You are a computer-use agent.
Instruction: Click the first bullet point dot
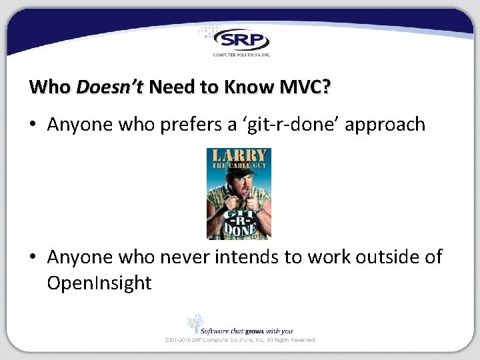pos(34,125)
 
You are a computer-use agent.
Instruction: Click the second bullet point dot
pos(34,257)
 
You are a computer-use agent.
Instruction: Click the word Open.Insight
pos(99,283)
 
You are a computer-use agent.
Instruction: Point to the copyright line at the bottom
pos(240,340)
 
